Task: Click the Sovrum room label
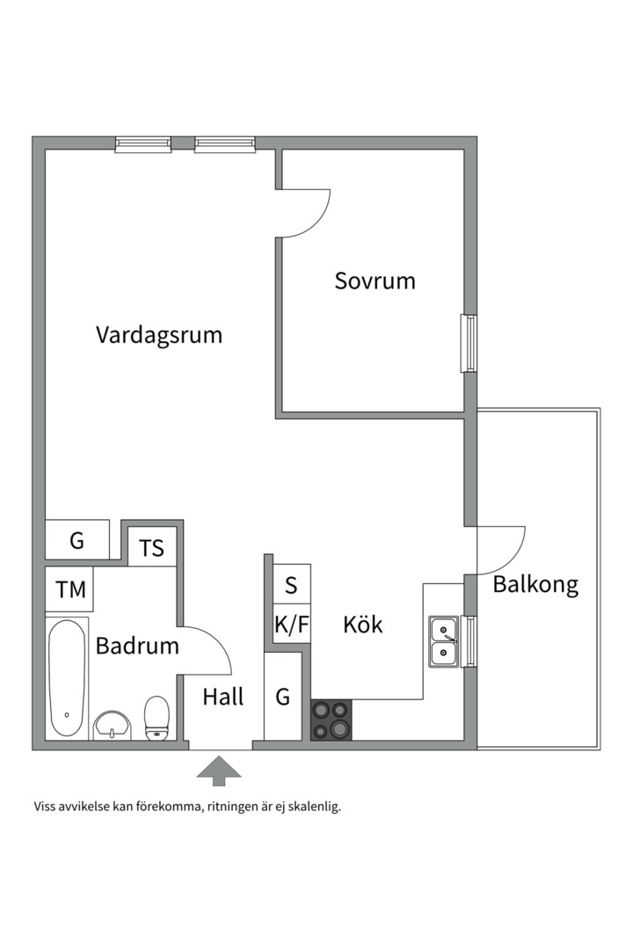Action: pos(375,281)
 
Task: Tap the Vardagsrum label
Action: pos(159,335)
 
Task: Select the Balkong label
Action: pos(535,584)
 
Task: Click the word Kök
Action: pos(363,625)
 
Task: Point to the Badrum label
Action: pos(137,647)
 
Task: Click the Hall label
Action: pos(223,698)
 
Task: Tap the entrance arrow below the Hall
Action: pos(218,771)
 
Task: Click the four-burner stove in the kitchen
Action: pos(331,720)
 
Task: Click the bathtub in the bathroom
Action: pos(68,677)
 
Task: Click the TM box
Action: pos(70,589)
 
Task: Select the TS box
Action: pos(152,548)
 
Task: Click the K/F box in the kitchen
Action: pos(292,625)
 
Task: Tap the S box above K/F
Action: pos(291,585)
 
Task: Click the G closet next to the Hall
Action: pos(283,698)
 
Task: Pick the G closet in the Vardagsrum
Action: pos(77,541)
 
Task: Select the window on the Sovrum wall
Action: pos(470,343)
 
